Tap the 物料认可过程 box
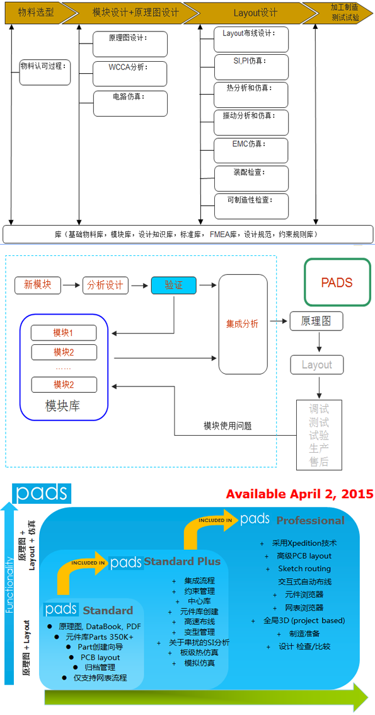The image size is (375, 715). [x=45, y=72]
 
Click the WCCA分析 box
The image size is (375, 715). [x=130, y=73]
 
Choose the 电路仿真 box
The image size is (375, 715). [x=130, y=103]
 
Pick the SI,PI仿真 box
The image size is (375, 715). [x=251, y=67]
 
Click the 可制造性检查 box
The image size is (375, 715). [x=251, y=206]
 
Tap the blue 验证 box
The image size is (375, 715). [x=173, y=286]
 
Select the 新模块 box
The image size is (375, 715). [x=37, y=286]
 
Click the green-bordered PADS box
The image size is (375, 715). [x=337, y=282]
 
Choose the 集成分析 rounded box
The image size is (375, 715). [x=243, y=324]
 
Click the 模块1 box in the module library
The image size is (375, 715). [x=64, y=333]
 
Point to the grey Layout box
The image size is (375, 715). [x=316, y=365]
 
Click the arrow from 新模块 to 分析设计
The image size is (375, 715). [x=71, y=286]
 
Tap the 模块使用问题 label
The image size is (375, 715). [x=228, y=426]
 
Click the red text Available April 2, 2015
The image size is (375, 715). [x=300, y=494]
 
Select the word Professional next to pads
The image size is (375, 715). [x=310, y=520]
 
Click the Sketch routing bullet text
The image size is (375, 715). [x=304, y=569]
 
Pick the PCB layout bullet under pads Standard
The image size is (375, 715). [x=100, y=657]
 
